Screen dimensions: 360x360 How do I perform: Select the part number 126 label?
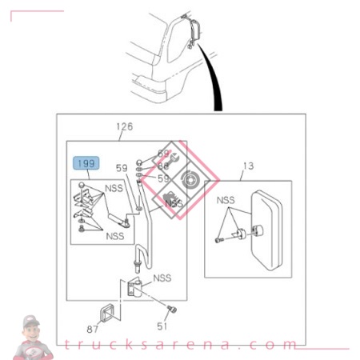coord(124,126)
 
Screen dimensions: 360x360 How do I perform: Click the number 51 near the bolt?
coord(163,326)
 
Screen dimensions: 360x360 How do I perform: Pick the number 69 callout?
coord(163,153)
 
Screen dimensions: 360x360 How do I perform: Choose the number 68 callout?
coord(163,166)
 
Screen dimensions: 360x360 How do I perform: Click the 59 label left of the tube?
coord(121,168)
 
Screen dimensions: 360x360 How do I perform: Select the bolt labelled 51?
coord(170,309)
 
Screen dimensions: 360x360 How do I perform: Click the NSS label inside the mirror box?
coord(226,199)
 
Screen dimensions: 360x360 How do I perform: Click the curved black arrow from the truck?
coord(212,80)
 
